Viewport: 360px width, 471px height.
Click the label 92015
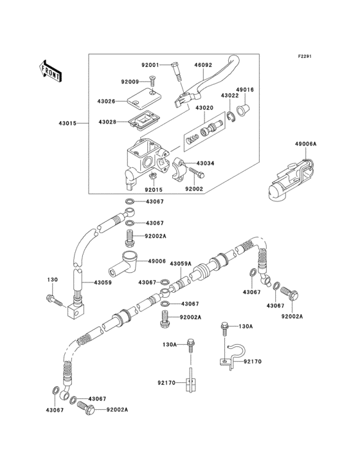[154, 190]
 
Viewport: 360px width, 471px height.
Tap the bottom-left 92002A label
[117, 410]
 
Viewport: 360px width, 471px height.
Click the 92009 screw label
[130, 82]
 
